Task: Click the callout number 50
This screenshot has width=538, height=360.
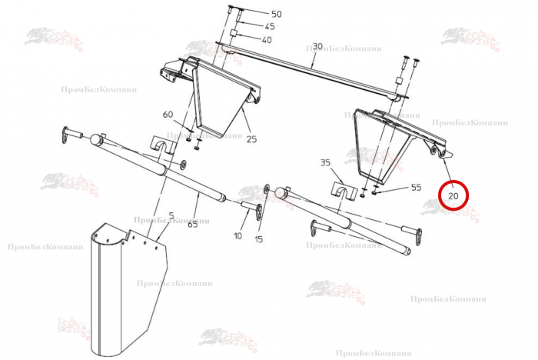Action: click(x=276, y=14)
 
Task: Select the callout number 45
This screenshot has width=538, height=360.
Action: click(x=270, y=26)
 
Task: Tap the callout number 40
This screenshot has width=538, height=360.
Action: click(x=266, y=40)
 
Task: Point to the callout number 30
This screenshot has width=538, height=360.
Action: click(x=317, y=46)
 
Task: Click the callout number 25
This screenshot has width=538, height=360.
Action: click(x=251, y=139)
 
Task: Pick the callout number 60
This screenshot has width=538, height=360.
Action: click(x=168, y=114)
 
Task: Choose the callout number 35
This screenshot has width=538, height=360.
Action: click(x=325, y=162)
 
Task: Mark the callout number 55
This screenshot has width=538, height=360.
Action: click(x=416, y=187)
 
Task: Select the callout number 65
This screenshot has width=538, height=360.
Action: click(x=193, y=225)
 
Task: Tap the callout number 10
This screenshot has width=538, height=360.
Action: click(x=237, y=235)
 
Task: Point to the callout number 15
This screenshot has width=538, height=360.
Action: click(x=259, y=238)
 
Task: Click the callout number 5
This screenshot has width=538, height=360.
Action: click(x=171, y=215)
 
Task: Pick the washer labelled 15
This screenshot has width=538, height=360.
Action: click(x=266, y=188)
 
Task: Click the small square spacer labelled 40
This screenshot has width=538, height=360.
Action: click(x=234, y=34)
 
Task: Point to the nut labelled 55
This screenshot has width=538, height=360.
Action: click(x=374, y=193)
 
